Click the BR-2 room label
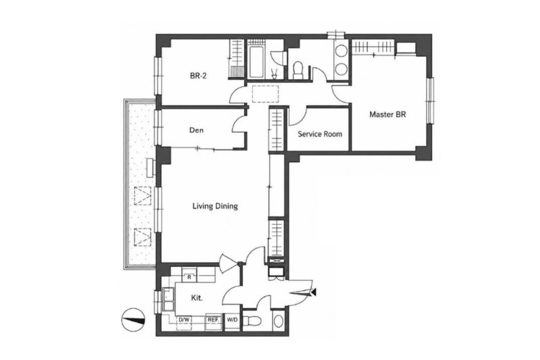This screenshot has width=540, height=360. pos(198,76)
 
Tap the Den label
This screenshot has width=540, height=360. pos(197,130)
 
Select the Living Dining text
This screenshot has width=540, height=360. pos(215,206)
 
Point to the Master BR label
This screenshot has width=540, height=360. pos(387,114)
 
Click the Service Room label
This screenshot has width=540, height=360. pos(320,134)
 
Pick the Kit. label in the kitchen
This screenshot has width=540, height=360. pos(197,297)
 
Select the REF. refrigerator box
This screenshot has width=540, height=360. pos(214,320)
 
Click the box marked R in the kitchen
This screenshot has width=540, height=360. pos(189,276)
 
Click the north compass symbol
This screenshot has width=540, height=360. pos(133,320)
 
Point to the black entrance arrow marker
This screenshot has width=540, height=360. pos(313,292)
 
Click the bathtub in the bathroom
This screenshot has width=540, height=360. pos(256,62)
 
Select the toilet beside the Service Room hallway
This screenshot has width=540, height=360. pos(297,69)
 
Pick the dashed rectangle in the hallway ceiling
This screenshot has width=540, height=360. pos(265,94)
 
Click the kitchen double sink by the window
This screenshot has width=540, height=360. pos(168,299)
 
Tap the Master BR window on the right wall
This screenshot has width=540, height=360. pos(430,100)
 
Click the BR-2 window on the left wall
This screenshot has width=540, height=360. pos(158,76)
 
